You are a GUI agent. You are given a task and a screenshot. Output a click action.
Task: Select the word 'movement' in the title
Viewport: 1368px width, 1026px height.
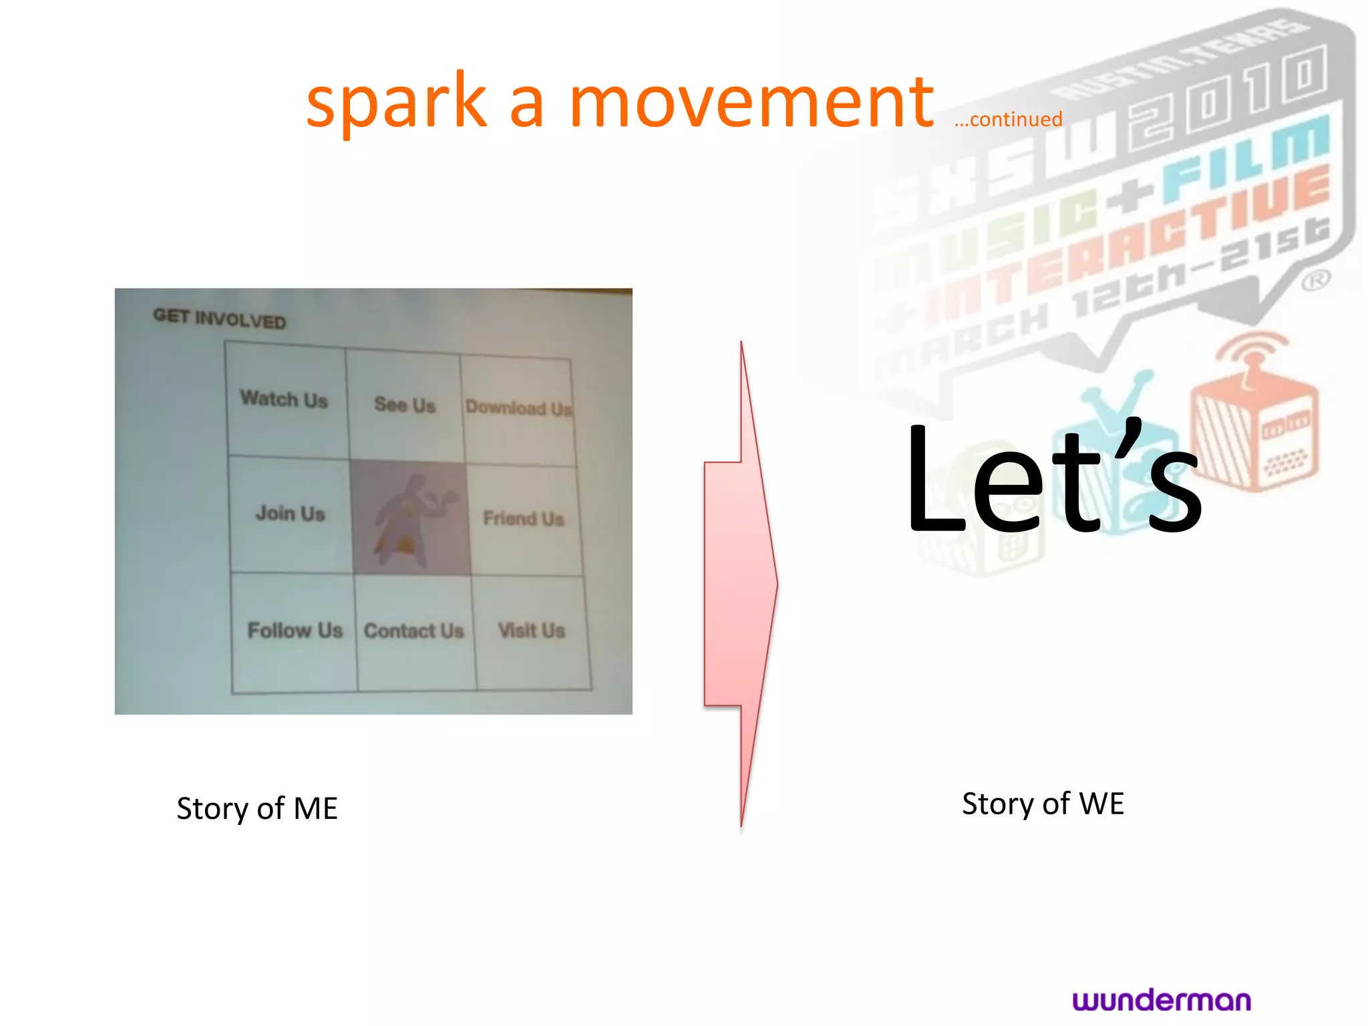pyautogui.click(x=751, y=102)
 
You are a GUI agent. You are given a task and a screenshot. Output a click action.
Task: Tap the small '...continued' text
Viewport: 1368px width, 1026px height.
pyautogui.click(x=1008, y=120)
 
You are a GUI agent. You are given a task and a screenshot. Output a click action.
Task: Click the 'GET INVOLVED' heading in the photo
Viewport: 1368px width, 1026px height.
pyautogui.click(x=219, y=319)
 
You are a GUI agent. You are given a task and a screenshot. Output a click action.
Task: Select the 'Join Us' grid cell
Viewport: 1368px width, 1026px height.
pyautogui.click(x=291, y=513)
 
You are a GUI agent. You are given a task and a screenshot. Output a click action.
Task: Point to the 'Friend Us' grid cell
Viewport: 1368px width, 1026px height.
pyautogui.click(x=524, y=518)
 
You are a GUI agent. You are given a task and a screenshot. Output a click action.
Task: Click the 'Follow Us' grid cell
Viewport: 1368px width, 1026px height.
pyautogui.click(x=295, y=630)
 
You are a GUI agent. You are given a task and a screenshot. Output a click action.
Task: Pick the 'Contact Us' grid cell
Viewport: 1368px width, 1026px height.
pyautogui.click(x=414, y=631)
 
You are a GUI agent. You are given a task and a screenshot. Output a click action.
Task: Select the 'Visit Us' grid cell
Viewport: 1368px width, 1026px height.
pyautogui.click(x=532, y=630)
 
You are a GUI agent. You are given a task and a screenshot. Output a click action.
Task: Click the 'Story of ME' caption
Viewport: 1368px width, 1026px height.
pyautogui.click(x=257, y=808)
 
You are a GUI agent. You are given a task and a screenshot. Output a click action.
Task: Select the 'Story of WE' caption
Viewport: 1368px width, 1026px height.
pyautogui.click(x=1043, y=804)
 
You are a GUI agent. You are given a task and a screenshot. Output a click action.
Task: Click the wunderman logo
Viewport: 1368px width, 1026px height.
pyautogui.click(x=1162, y=1000)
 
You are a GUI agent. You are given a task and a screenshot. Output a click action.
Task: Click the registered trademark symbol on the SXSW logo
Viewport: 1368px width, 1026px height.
pyautogui.click(x=1315, y=280)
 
